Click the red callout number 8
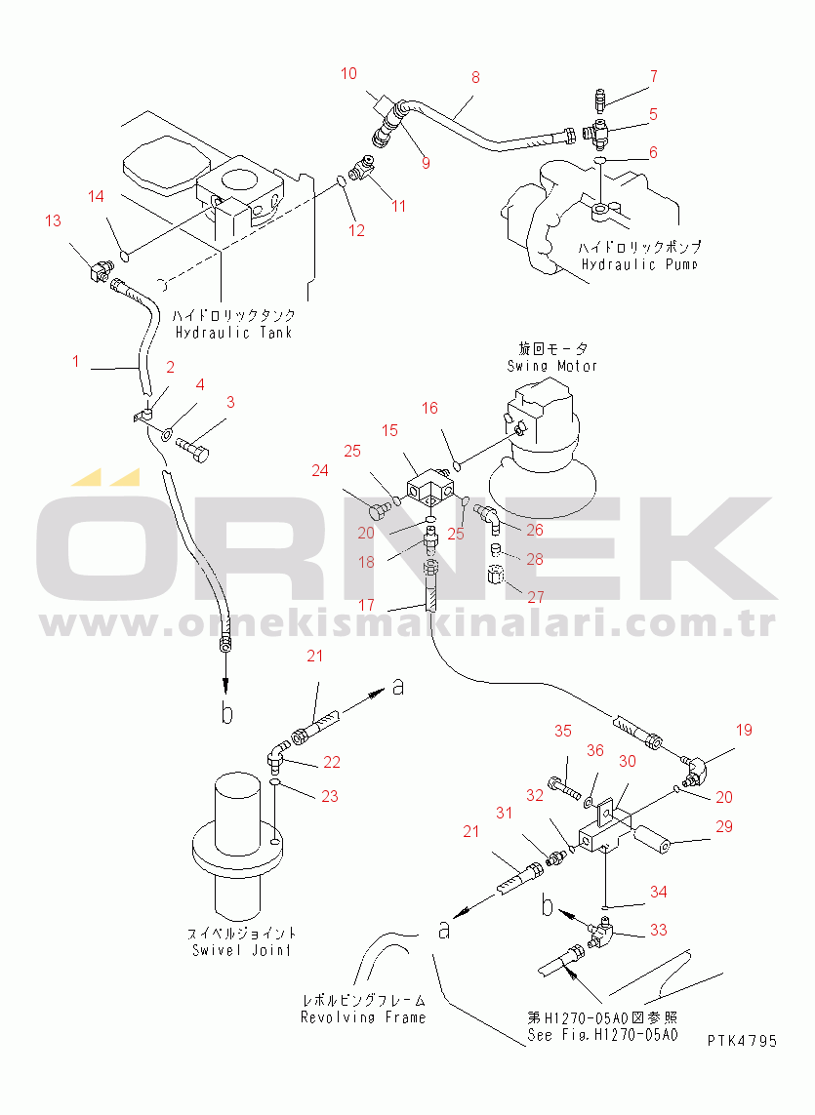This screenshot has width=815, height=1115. [475, 77]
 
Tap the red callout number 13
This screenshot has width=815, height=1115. [53, 221]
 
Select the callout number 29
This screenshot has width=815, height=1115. [724, 826]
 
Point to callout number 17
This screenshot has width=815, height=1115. [366, 605]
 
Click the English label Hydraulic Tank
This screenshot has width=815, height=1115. [233, 332]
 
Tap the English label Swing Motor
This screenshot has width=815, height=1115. [551, 366]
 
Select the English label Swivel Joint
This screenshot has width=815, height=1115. [241, 950]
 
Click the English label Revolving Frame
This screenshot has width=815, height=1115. [363, 1017]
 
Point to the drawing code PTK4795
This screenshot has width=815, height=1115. [742, 1041]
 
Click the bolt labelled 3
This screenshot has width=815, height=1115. [193, 449]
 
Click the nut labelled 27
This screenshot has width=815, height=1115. [496, 574]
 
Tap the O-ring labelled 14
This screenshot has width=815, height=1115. [125, 253]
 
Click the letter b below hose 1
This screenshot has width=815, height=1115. [226, 712]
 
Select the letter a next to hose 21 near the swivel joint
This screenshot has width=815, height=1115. [398, 686]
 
